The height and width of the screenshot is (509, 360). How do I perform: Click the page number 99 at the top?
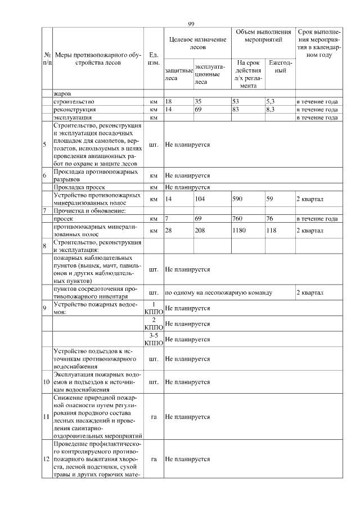coord(191,23)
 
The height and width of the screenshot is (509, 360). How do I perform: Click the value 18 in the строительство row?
coord(168,102)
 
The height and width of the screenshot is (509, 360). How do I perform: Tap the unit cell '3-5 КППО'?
coord(153,339)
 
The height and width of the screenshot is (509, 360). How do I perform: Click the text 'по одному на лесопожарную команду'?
coord(219,292)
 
